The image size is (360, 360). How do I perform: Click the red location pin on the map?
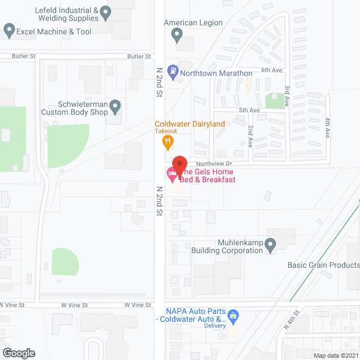[179, 164]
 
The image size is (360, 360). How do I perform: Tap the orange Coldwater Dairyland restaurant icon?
[167, 142]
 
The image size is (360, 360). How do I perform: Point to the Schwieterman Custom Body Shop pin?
[115, 105]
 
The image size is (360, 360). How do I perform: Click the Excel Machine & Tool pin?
[8, 31]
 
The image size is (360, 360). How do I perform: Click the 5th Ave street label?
[249, 110]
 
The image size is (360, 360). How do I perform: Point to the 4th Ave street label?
[327, 128]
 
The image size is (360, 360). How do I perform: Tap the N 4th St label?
[292, 319]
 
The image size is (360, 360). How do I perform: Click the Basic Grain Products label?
[323, 265]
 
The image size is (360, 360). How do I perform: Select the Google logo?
[19, 353]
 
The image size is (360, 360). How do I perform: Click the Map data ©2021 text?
[335, 355]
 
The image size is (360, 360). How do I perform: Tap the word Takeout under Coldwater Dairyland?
[166, 131]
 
